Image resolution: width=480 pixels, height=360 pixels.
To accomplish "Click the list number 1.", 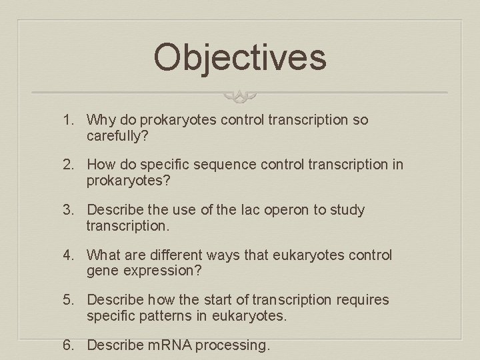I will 67,120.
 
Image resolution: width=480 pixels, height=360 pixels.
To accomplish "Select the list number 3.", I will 67,210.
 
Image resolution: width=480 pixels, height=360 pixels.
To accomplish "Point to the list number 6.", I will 67,345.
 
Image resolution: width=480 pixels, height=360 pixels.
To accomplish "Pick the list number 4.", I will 67,255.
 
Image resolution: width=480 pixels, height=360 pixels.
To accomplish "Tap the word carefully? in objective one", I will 116,136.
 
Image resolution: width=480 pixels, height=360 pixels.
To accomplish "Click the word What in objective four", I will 104,255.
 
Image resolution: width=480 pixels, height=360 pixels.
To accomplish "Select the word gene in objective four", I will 101,271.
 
